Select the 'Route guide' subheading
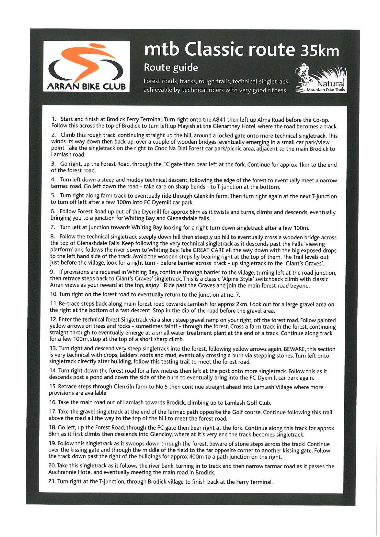coord(171,67)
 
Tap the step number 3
coord(53,165)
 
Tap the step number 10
coord(53,295)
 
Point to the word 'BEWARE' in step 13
coord(294,349)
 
